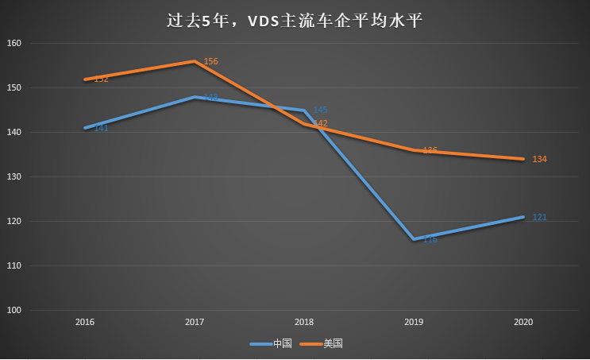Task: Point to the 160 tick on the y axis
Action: (x=15, y=43)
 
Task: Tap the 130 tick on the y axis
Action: (x=15, y=176)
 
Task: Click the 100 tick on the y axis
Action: (x=15, y=310)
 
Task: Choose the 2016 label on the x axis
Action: (x=85, y=323)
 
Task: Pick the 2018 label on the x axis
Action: (x=304, y=323)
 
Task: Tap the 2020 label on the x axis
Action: (x=523, y=323)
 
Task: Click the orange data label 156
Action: (x=210, y=61)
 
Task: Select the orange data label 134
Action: (x=539, y=160)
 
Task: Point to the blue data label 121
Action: (x=539, y=217)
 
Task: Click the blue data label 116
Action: (x=430, y=239)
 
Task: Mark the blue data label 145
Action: (x=320, y=110)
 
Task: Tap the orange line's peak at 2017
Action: (x=195, y=61)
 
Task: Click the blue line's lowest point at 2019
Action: (x=414, y=238)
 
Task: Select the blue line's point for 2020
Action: (x=523, y=216)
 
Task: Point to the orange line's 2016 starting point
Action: (x=85, y=79)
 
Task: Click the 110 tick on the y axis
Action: (x=15, y=265)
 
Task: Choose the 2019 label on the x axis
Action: (x=414, y=323)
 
